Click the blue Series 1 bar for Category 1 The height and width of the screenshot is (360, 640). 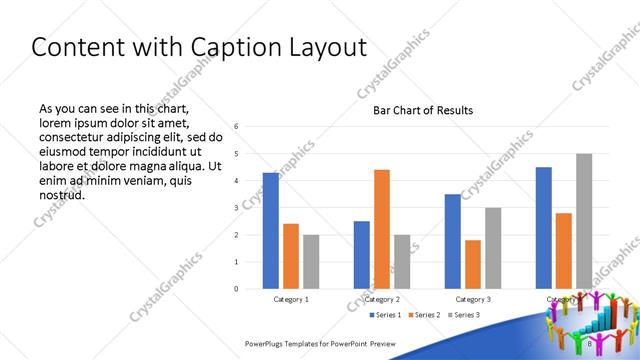coord(270,231)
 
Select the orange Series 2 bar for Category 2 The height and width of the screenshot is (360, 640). coord(381,229)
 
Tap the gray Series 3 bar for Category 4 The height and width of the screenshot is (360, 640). coord(584,221)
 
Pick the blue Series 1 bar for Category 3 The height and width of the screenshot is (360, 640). coord(453,241)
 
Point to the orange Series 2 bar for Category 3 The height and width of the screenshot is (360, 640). coord(473,264)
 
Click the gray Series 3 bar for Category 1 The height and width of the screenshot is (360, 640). coord(311,262)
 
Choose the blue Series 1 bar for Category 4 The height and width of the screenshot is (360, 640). coord(544,228)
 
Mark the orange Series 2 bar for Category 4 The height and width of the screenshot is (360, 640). coord(564,250)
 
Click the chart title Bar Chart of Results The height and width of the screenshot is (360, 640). coord(423,110)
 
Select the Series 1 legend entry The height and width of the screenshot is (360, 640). coord(387,316)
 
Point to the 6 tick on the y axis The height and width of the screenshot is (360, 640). coord(235,127)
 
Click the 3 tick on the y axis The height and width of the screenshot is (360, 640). coord(235,208)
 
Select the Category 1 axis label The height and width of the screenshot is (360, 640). coord(291,300)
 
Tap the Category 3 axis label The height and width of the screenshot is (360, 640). coord(473,300)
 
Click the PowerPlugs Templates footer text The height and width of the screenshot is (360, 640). coord(320,342)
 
